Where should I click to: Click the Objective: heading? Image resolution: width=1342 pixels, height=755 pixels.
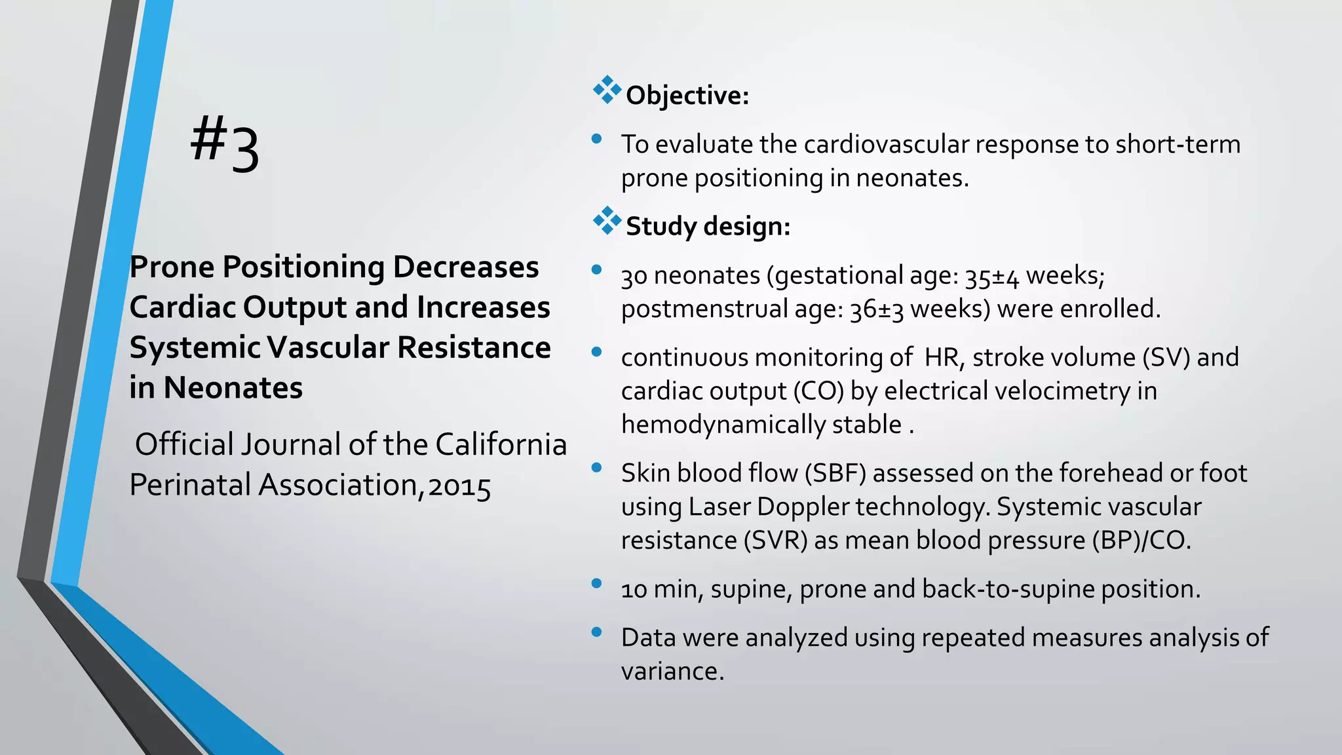click(x=687, y=96)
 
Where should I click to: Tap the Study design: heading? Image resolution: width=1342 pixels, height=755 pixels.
click(x=708, y=227)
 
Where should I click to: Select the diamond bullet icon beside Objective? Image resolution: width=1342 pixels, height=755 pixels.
click(x=607, y=90)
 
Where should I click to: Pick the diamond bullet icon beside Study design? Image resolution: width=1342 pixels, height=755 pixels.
click(x=607, y=221)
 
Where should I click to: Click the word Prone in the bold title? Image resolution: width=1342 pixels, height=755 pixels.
click(x=172, y=267)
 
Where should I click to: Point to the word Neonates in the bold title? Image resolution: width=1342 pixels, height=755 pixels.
click(x=233, y=388)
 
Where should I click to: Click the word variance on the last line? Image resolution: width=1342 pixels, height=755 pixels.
click(x=672, y=672)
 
